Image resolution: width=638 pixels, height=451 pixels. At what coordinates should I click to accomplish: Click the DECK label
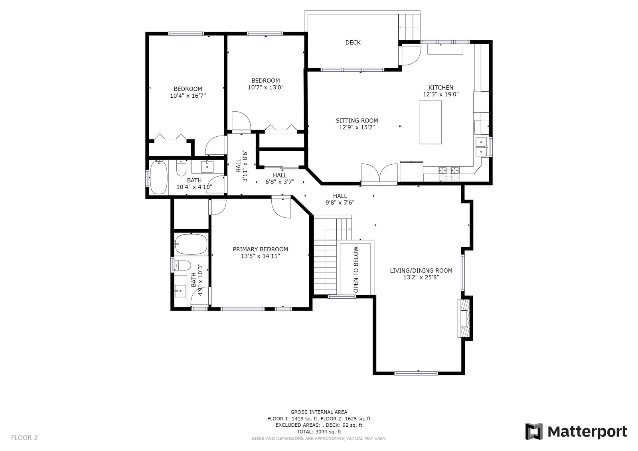click(x=353, y=42)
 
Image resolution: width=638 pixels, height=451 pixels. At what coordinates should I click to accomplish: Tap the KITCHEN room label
click(x=440, y=88)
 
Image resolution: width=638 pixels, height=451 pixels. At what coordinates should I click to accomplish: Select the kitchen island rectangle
click(x=430, y=122)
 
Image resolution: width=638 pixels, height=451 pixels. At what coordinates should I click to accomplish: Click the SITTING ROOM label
click(x=357, y=121)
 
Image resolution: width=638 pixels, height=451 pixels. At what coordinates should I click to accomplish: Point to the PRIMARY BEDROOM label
click(x=260, y=249)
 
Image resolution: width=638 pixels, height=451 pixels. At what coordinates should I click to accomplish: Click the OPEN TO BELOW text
click(x=356, y=269)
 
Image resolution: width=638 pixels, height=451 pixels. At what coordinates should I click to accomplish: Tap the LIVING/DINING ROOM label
click(x=421, y=271)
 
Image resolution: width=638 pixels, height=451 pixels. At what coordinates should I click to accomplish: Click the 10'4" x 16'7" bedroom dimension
click(x=188, y=96)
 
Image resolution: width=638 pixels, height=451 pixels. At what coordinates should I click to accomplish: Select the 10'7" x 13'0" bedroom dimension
click(x=266, y=87)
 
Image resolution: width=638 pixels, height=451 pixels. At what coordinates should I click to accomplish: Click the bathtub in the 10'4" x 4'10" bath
click(x=159, y=178)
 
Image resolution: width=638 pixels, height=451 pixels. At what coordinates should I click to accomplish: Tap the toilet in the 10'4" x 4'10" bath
click(x=181, y=168)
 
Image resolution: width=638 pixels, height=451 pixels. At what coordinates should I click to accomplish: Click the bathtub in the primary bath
click(x=191, y=244)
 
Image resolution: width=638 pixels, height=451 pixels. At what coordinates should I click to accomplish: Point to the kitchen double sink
click(x=482, y=147)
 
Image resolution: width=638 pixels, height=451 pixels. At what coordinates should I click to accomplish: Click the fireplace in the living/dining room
click(x=464, y=318)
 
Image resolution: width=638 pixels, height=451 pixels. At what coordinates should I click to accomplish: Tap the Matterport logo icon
click(x=534, y=431)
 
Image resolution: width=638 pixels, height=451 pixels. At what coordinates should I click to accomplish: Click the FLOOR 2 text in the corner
click(x=24, y=438)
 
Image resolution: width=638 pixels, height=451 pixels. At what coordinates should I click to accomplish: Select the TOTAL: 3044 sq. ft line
click(x=319, y=431)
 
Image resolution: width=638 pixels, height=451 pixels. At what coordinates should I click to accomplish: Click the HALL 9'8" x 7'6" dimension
click(x=340, y=203)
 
